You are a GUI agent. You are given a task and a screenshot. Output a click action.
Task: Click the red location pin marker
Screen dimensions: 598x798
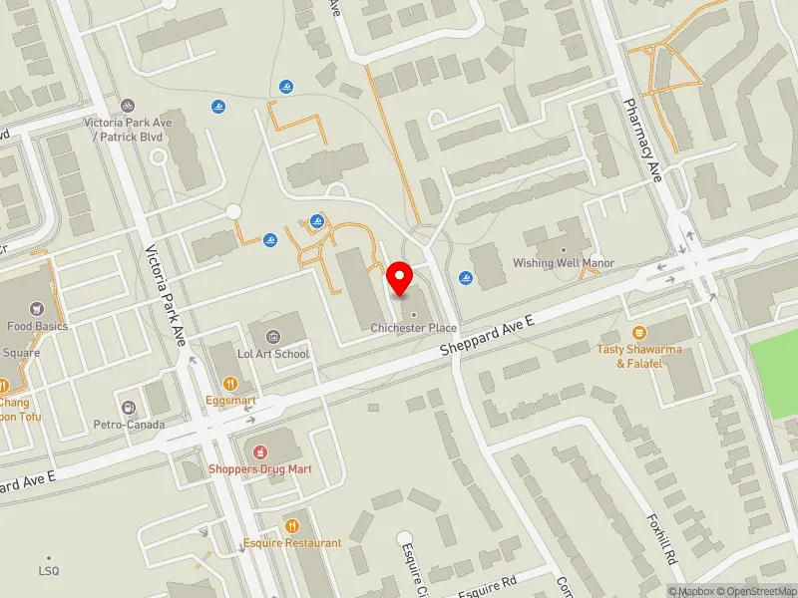click(x=400, y=277)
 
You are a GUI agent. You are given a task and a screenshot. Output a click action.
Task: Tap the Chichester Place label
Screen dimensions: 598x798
click(x=414, y=328)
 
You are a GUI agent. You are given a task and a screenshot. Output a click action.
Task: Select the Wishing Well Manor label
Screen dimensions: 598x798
click(x=564, y=263)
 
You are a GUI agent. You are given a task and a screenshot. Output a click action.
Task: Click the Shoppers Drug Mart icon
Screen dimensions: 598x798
click(x=261, y=452)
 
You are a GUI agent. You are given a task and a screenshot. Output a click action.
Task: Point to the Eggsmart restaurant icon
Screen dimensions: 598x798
click(x=230, y=383)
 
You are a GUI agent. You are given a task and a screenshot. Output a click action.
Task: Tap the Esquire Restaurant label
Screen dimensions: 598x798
click(x=292, y=543)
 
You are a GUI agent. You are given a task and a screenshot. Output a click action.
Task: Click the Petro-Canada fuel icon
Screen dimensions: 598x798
click(x=128, y=407)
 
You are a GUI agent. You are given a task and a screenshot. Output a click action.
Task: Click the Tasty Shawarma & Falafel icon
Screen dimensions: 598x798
click(x=639, y=332)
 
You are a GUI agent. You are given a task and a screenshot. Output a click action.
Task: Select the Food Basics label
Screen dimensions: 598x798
click(x=38, y=326)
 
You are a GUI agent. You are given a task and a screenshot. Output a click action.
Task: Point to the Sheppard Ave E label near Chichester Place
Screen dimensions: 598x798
click(x=489, y=337)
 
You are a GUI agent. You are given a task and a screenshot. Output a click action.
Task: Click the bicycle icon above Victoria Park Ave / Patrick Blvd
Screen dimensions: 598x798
click(x=127, y=105)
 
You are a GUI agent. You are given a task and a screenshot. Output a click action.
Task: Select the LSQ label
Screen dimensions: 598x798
click(x=49, y=571)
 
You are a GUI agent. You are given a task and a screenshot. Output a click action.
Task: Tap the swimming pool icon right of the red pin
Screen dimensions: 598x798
click(x=465, y=277)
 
